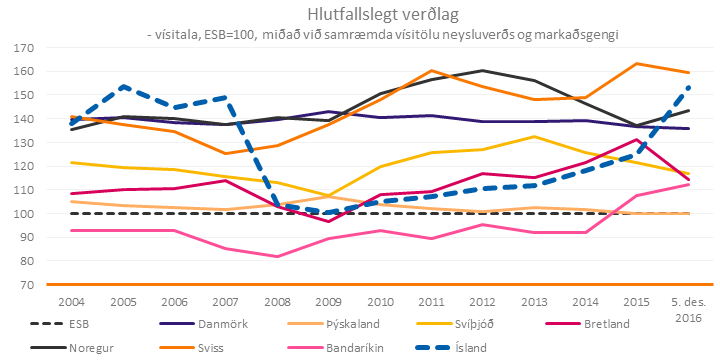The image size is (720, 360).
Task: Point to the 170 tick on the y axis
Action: (21, 47)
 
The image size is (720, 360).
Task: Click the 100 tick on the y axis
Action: (21, 213)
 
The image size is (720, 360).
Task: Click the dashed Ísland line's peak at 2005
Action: (123, 86)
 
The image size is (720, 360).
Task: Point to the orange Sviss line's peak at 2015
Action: (635, 63)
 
